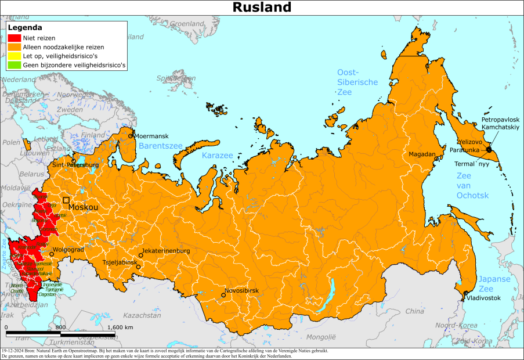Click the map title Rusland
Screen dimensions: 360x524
pyautogui.click(x=262, y=7)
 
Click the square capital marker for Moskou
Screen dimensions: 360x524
pyautogui.click(x=66, y=200)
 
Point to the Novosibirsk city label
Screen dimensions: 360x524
pyautogui.click(x=243, y=290)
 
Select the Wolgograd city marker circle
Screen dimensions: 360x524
pyautogui.click(x=52, y=254)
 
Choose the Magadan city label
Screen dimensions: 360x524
pyautogui.click(x=422, y=154)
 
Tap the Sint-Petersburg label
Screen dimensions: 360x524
pyautogui.click(x=75, y=165)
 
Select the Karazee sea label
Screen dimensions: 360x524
pyautogui.click(x=217, y=156)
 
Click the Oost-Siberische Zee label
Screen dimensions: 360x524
pyautogui.click(x=357, y=82)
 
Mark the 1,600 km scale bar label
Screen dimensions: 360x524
pyautogui.click(x=120, y=327)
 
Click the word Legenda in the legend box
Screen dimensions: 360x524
pyautogui.click(x=24, y=27)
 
